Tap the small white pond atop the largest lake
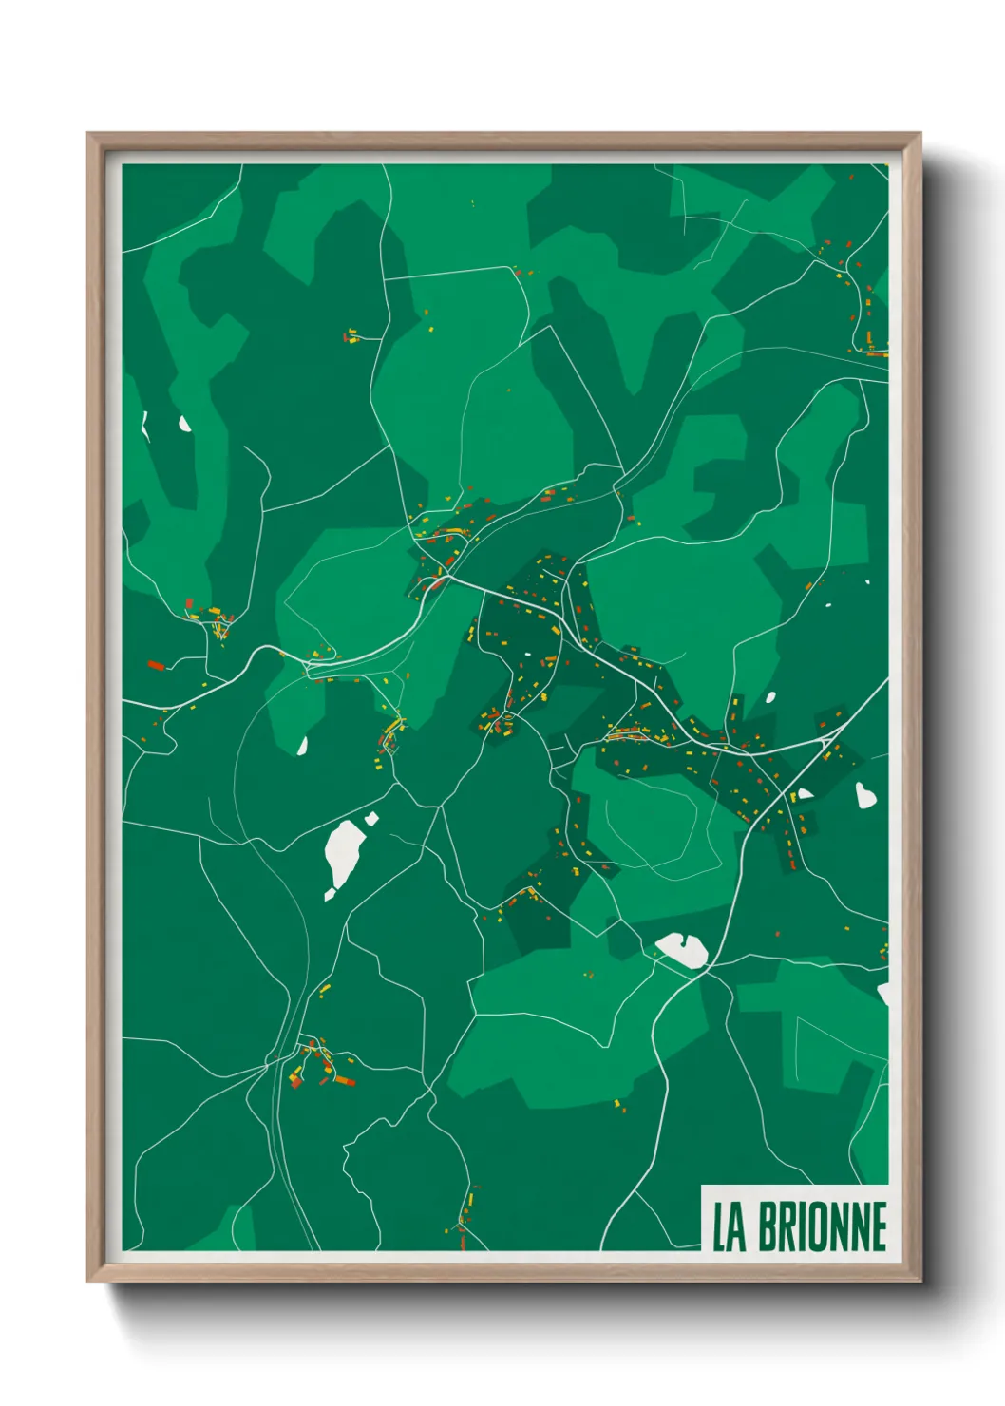371,818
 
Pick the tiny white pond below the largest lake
330,894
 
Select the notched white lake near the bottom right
683,949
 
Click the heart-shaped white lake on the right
864,794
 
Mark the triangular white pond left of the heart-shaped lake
805,793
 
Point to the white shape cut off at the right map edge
883,993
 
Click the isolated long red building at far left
156,665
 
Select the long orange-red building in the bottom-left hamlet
343,1080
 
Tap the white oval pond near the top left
184,424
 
